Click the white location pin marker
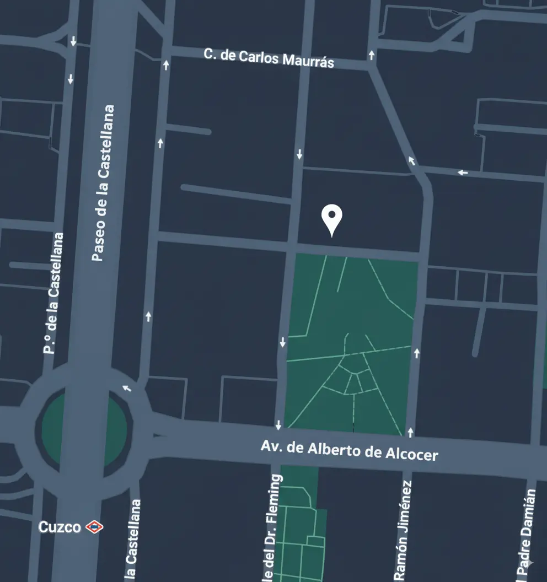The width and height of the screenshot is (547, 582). (x=332, y=219)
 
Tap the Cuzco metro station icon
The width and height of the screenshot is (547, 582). (x=94, y=527)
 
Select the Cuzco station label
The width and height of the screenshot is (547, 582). (x=60, y=527)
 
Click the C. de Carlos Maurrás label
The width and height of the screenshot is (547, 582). (x=269, y=57)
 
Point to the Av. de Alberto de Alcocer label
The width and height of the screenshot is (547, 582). (x=349, y=450)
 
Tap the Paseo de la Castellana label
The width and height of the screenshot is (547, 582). (x=104, y=183)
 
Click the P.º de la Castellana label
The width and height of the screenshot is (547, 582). (x=53, y=293)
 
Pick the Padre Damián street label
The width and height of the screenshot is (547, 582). (x=528, y=535)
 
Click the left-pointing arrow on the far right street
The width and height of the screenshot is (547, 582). (x=463, y=173)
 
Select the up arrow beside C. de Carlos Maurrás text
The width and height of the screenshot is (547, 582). (x=372, y=55)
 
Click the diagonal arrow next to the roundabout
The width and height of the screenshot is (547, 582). (x=127, y=388)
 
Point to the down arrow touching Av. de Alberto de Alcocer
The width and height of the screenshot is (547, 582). (x=278, y=425)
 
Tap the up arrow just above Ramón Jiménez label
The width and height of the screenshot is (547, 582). (x=410, y=432)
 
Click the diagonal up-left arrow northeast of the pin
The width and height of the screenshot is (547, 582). (x=411, y=160)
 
